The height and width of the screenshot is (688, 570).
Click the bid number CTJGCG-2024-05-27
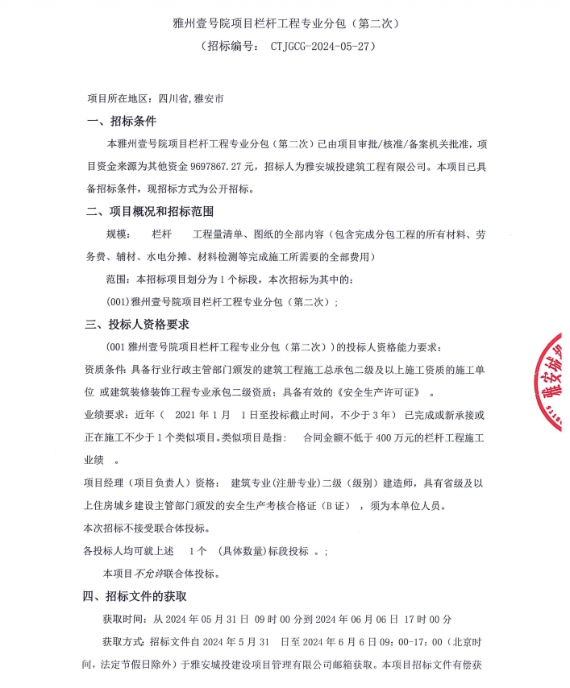pyautogui.click(x=322, y=48)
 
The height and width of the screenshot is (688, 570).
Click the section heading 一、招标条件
pyautogui.click(x=121, y=122)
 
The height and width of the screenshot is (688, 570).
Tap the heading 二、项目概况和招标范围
pyautogui.click(x=149, y=213)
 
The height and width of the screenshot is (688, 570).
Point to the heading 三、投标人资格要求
pyautogui.click(x=137, y=325)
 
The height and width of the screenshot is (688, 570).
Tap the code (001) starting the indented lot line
pyautogui.click(x=118, y=302)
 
